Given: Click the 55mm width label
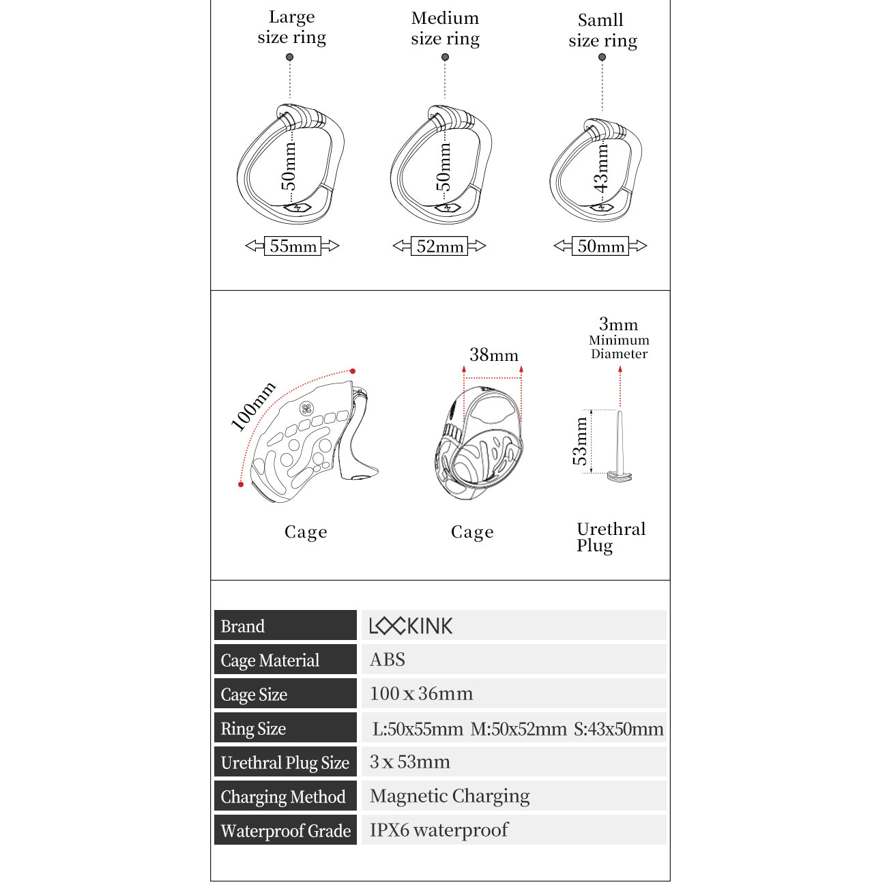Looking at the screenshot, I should [293, 246].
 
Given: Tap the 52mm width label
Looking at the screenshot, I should [440, 246].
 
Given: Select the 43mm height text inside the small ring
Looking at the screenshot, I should [600, 168].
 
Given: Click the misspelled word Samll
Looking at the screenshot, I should [600, 20].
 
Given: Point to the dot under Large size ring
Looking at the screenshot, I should [290, 57].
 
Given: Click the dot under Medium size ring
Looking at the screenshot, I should [445, 57].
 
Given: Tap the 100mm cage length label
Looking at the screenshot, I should [253, 407].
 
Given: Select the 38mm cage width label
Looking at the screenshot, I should [493, 355].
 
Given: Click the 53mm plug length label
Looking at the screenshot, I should [580, 441].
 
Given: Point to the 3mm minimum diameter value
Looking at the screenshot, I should [618, 324].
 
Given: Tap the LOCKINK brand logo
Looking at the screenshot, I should [411, 626].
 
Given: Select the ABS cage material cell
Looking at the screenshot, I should [388, 660].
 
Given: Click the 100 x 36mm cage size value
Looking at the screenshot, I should [421, 694].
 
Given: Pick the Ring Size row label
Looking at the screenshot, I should [253, 729].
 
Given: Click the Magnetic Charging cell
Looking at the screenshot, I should [450, 796].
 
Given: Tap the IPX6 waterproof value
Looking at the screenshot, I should [439, 830].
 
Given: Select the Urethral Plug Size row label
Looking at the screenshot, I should [285, 763].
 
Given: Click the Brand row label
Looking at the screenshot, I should [242, 626].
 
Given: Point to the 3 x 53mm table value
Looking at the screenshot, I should [409, 762].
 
